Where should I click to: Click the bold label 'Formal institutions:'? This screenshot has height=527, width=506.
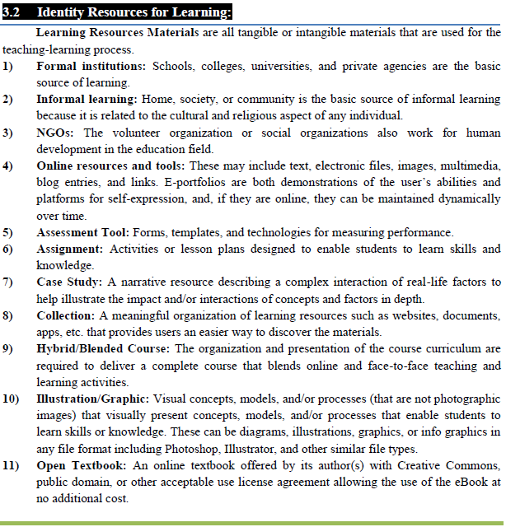coord(91,66)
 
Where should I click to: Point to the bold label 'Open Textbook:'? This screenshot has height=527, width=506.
coord(80,465)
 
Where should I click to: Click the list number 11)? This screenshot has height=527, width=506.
coord(11,465)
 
